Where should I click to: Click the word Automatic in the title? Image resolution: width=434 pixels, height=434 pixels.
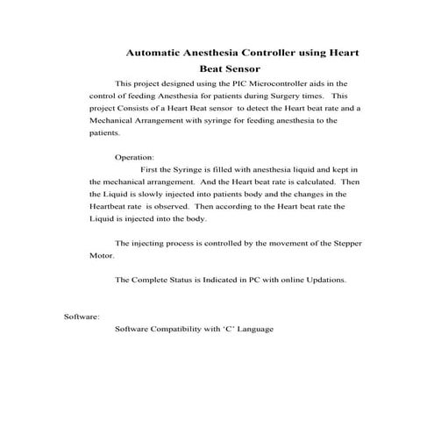click(156, 53)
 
